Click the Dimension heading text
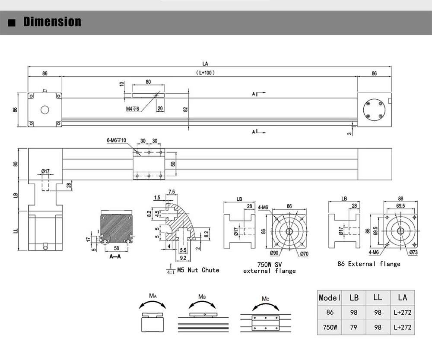[x=52, y=22]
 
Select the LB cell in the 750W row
[x=354, y=327]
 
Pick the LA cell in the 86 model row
[x=402, y=313]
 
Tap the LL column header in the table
[x=378, y=297]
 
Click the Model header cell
[x=330, y=297]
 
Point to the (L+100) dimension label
[x=205, y=73]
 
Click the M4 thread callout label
[x=133, y=109]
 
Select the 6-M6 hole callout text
[x=116, y=140]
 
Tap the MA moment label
[x=152, y=296]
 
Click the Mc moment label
[x=265, y=299]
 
